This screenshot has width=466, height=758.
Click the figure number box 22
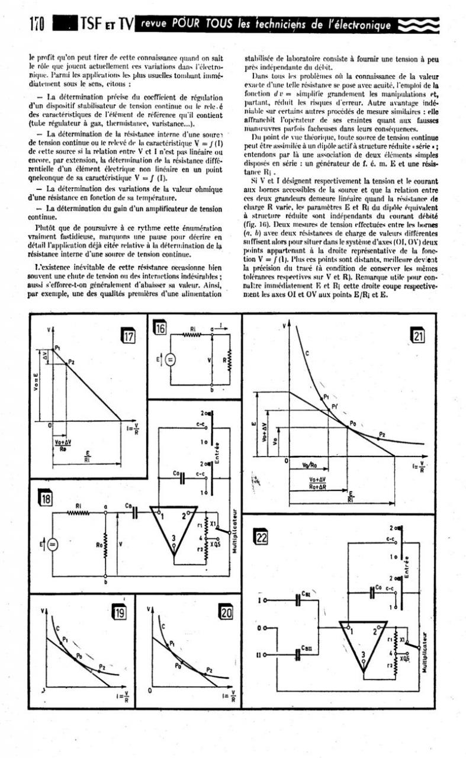(262, 538)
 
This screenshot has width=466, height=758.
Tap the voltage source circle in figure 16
(170, 359)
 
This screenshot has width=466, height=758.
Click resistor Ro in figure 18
(105, 542)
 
